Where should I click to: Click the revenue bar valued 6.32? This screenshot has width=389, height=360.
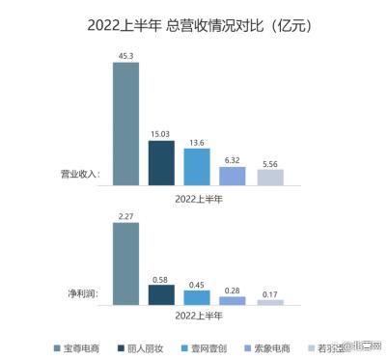pyautogui.click(x=233, y=176)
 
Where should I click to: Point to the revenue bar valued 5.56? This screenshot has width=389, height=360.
pyautogui.click(x=269, y=177)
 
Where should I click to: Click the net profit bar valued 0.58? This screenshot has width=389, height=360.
pyautogui.click(x=161, y=294)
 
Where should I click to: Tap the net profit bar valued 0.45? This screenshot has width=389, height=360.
pyautogui.click(x=197, y=297)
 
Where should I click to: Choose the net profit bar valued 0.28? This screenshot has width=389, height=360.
pyautogui.click(x=233, y=300)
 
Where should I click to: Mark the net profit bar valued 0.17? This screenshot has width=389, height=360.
pyautogui.click(x=269, y=302)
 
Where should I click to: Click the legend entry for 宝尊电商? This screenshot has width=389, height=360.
pyautogui.click(x=82, y=345)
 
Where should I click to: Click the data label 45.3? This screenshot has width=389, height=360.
pyautogui.click(x=125, y=56)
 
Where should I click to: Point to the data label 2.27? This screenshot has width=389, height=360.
pyautogui.click(x=125, y=217)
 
